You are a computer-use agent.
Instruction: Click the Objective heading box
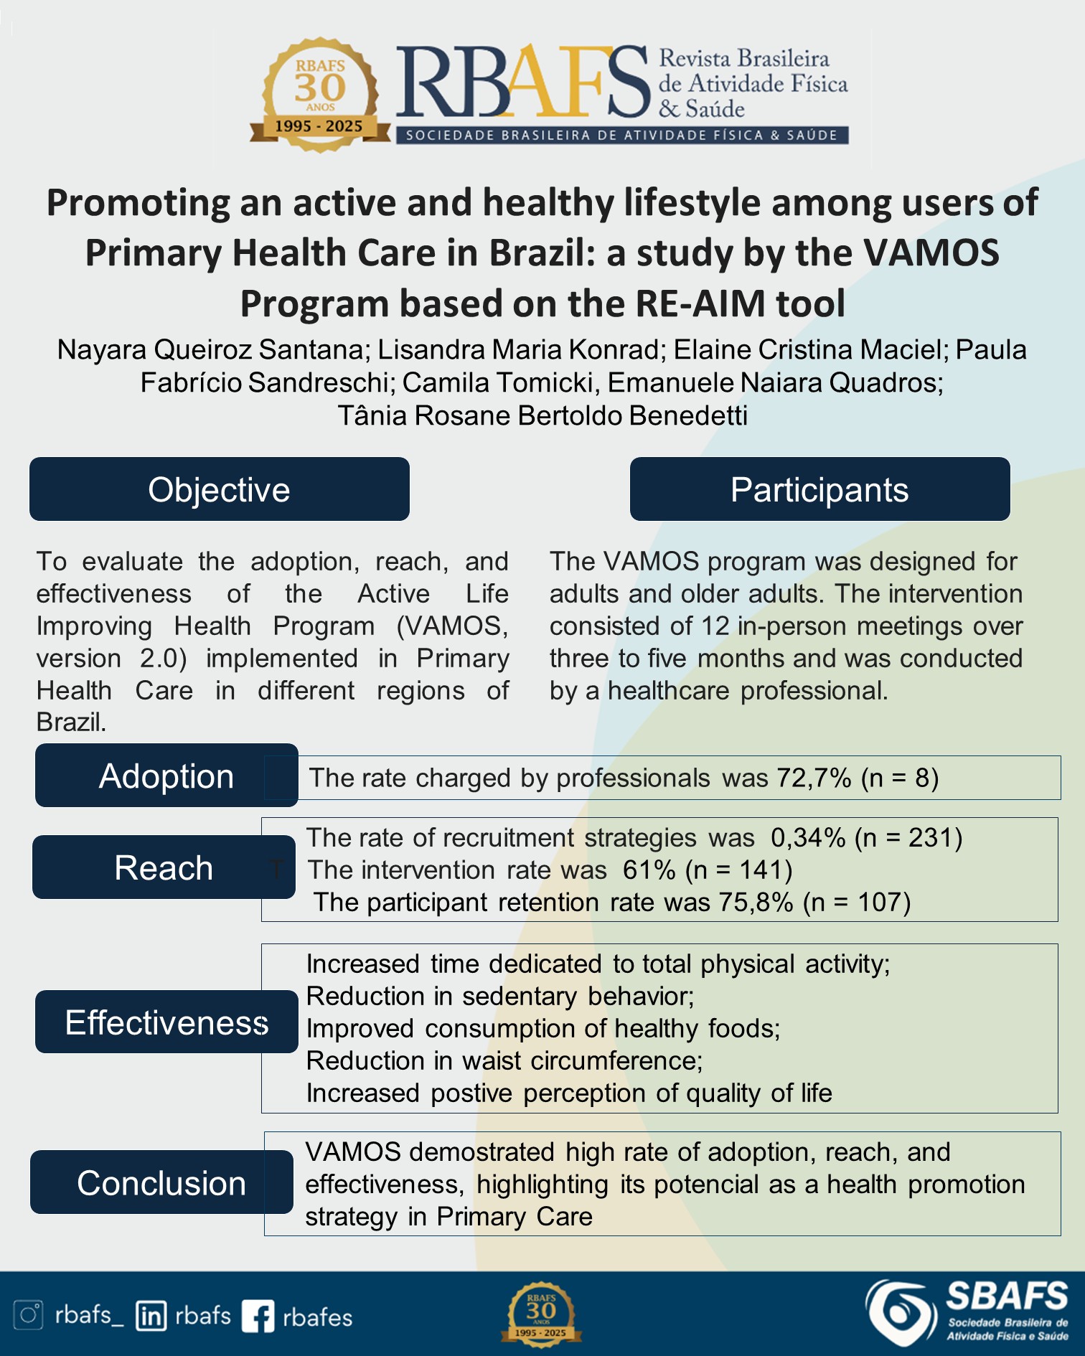click(219, 489)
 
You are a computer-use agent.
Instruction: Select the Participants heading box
click(819, 489)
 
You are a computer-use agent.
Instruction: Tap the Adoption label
click(166, 776)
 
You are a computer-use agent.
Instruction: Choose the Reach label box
click(164, 867)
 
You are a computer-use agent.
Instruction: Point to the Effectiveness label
click(166, 1022)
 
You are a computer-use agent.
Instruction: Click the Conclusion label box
click(161, 1182)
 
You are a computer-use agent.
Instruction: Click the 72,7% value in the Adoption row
click(814, 778)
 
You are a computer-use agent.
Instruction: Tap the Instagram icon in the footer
click(29, 1315)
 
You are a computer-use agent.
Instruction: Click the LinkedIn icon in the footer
click(151, 1316)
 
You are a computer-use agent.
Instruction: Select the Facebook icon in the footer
click(258, 1317)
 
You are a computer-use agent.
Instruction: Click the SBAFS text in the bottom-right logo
click(1007, 1298)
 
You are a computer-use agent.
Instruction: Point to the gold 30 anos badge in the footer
click(541, 1314)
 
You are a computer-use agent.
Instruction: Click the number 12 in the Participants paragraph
click(715, 626)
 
